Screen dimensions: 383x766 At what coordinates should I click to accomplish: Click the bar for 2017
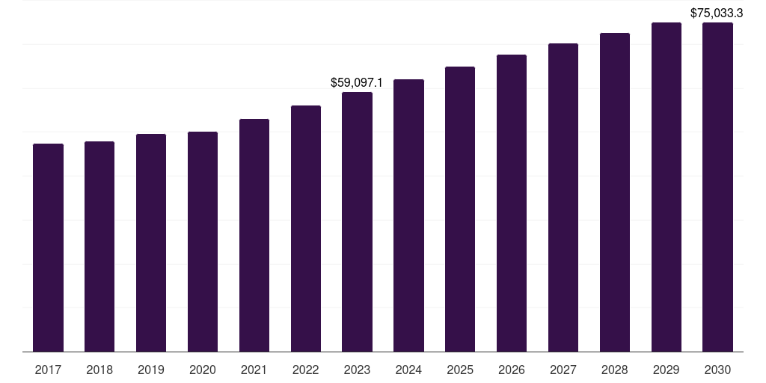[49, 248]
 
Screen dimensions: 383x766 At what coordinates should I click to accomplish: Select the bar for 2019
[151, 242]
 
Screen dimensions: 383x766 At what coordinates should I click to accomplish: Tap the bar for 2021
[254, 235]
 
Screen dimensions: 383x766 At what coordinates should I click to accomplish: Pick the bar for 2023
[357, 221]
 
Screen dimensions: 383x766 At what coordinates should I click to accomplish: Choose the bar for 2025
[460, 209]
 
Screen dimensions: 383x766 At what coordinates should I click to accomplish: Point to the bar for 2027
[563, 197]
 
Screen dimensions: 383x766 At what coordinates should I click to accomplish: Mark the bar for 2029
[667, 187]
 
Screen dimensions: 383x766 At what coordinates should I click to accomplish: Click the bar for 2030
[717, 187]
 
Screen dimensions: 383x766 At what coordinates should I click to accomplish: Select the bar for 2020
[203, 242]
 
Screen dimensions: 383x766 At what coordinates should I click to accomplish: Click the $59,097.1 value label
[357, 82]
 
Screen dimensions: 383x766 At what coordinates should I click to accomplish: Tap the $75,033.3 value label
[716, 13]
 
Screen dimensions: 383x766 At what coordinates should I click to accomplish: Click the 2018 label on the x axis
[99, 370]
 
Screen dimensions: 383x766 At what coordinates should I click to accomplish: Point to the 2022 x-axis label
[306, 370]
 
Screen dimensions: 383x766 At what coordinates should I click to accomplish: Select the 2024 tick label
[408, 370]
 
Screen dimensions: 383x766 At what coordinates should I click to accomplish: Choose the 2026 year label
[512, 370]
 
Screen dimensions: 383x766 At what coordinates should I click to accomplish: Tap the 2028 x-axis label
[615, 370]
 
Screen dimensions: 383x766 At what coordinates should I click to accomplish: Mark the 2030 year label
[717, 370]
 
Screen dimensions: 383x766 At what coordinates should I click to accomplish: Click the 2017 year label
[49, 370]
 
